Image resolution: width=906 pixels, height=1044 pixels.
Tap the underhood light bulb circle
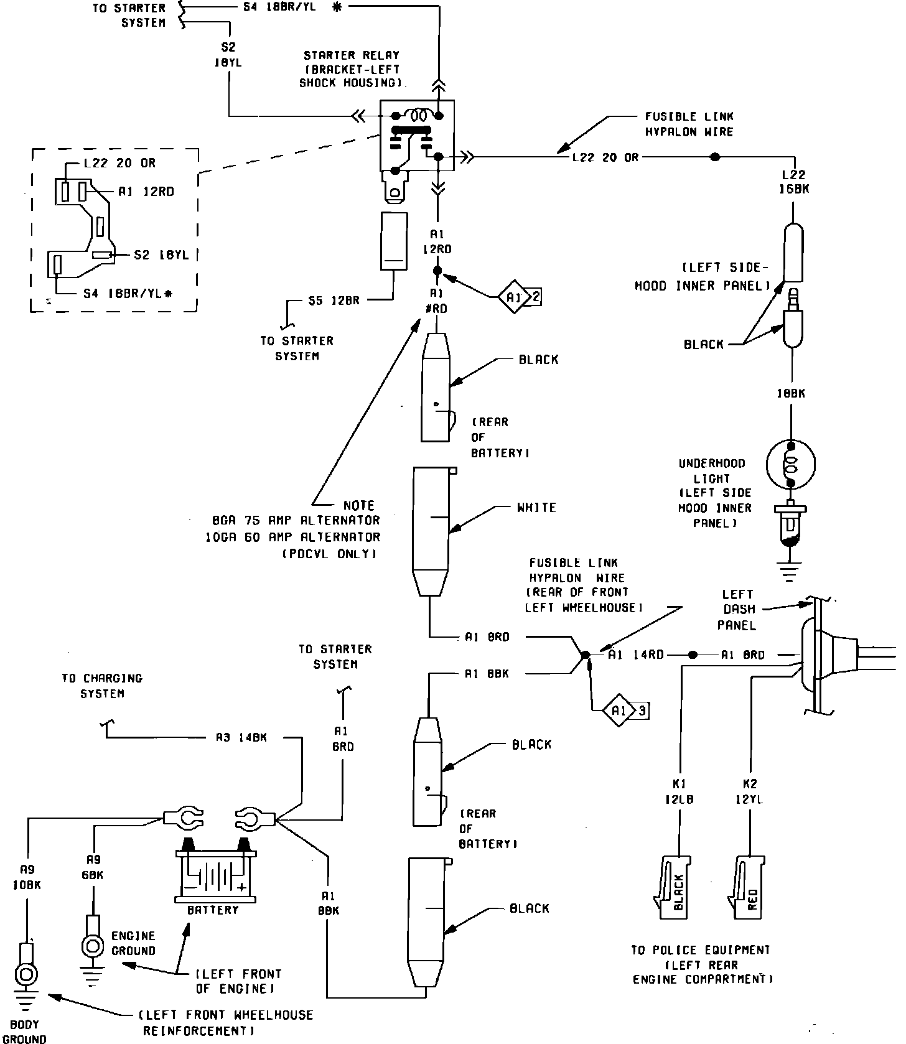point(790,464)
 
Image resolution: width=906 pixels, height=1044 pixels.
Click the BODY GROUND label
point(25,1031)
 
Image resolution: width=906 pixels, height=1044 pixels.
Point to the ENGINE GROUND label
point(133,943)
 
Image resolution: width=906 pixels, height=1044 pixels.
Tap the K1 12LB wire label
point(679,791)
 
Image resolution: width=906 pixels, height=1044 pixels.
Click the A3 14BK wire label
point(241,737)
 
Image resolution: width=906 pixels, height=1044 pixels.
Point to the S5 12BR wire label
point(334,300)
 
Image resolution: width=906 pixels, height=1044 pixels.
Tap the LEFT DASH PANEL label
point(737,610)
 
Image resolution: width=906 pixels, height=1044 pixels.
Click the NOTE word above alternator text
point(359,505)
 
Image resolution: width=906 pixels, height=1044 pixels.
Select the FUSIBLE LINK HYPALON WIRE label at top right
point(689,124)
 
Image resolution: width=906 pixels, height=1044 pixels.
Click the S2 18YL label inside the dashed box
point(161,254)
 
